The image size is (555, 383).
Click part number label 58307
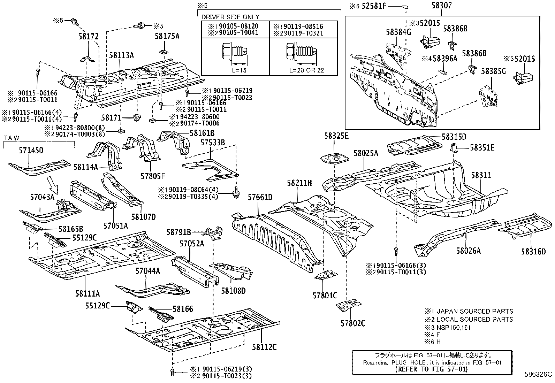click(441, 6)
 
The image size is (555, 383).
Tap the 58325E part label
click(336, 136)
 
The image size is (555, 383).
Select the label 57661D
click(260, 197)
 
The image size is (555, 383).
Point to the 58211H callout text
click(299, 183)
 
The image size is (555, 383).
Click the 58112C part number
click(264, 347)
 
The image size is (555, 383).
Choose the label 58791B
click(178, 232)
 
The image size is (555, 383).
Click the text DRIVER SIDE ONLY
click(230, 17)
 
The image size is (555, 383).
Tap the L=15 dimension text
click(239, 70)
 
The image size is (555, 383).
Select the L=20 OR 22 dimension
click(306, 70)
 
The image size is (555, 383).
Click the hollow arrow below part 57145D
click(53, 185)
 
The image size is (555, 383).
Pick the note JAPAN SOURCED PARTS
click(474, 312)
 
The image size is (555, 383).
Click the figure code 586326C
click(538, 374)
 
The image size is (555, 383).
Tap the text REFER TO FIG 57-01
click(431, 369)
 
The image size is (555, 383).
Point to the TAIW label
click(12, 138)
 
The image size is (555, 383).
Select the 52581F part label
click(374, 6)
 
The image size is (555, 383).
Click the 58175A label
click(167, 36)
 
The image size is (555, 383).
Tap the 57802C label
click(353, 323)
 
